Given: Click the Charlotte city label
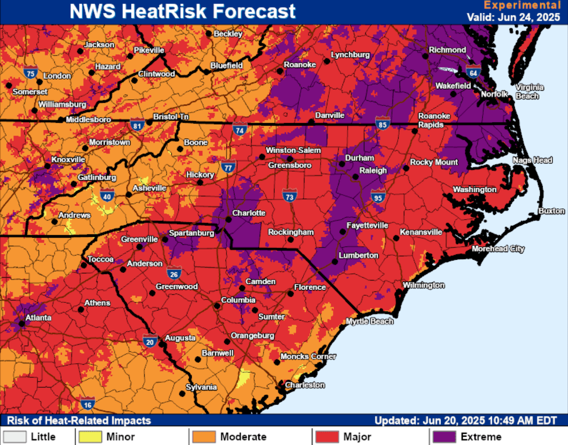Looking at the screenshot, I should (250, 213).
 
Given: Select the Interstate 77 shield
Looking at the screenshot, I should (228, 167).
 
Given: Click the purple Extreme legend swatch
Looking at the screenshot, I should (443, 437).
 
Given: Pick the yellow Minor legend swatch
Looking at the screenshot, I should (90, 437).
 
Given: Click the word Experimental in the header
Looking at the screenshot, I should (522, 5).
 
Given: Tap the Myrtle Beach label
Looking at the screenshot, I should (369, 321).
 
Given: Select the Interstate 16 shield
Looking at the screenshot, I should (87, 404).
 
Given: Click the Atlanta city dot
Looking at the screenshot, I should (22, 324).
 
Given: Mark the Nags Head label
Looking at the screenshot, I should (533, 160).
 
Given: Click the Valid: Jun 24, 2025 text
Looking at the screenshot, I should (513, 17).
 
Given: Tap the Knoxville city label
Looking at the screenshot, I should (68, 159).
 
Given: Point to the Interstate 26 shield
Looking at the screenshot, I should (174, 273).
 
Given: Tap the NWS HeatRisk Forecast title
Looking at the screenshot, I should (182, 11).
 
